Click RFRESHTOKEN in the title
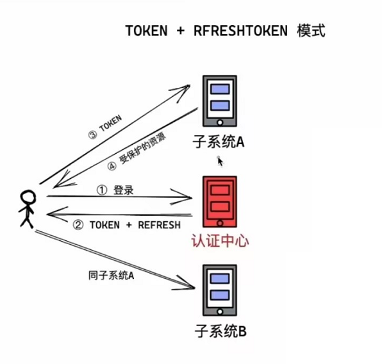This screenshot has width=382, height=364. coord(240,30)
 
